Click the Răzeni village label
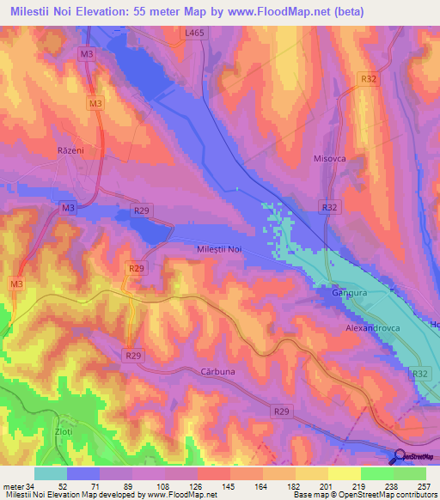tap(70, 149)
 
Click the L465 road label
tap(195, 32)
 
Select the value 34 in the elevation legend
tap(32, 486)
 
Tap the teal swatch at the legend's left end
tap(50, 473)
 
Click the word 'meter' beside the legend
tap(13, 486)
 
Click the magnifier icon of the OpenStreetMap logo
tap(400, 457)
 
